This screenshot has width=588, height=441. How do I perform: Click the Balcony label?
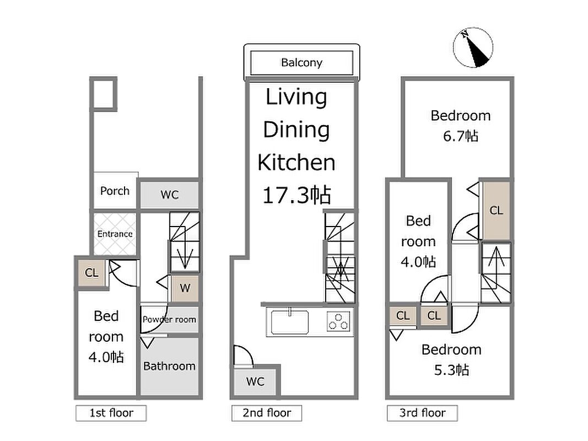tap(301, 62)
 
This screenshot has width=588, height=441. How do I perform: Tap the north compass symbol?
tap(473, 47)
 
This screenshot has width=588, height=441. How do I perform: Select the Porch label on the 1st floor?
tap(115, 191)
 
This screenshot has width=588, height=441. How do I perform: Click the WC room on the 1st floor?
tap(170, 195)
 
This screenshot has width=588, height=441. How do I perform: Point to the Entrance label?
tap(115, 234)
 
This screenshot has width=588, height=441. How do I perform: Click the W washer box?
tap(185, 288)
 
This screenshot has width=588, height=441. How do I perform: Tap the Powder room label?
tap(169, 320)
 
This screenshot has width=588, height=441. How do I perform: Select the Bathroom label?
tap(169, 365)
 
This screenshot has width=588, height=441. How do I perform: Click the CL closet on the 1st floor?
tap(91, 273)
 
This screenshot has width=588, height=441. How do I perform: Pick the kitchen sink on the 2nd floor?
tap(290, 322)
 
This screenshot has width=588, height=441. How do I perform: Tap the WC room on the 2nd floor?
tap(255, 382)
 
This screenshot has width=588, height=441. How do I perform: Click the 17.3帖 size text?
tap(296, 195)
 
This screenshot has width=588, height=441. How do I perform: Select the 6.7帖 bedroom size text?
tap(461, 136)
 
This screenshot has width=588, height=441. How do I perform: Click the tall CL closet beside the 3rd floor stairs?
tap(496, 211)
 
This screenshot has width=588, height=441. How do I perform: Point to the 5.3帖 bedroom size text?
tap(451, 370)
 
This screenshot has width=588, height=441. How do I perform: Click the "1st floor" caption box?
tap(111, 413)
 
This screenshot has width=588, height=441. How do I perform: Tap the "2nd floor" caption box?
tap(267, 413)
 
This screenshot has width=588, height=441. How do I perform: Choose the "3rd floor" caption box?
tap(422, 413)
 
